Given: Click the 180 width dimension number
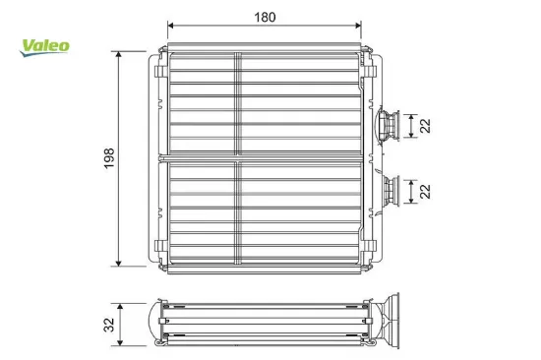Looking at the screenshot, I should pos(265,17).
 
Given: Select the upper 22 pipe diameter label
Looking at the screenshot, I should pos(424,125).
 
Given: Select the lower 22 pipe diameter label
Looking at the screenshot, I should pos(424,190).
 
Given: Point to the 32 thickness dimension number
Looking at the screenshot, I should pos(109,323).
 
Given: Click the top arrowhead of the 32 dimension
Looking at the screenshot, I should pos(121,304).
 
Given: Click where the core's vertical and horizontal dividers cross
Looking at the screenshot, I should pos(237,158).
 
